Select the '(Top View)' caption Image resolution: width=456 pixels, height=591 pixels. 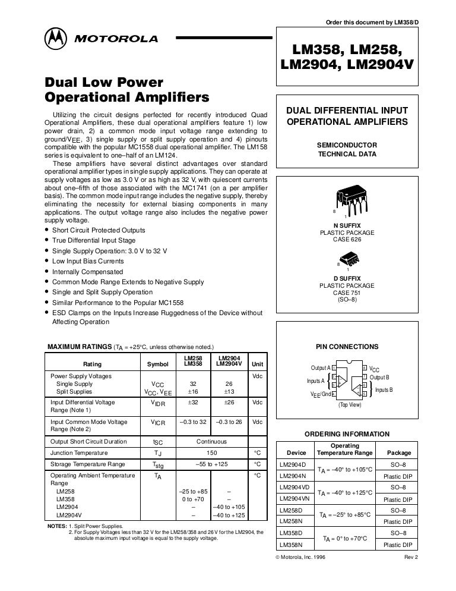coord(350,404)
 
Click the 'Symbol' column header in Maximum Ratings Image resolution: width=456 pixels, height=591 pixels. coord(154,364)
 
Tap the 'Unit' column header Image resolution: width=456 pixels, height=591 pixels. coord(258,364)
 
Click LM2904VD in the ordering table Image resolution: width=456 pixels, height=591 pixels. coord(294,487)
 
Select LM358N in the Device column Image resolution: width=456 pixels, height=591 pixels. coord(292,544)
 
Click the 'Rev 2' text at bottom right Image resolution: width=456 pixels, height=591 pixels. coord(411,557)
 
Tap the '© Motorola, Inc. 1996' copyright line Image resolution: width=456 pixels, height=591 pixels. coord(308,557)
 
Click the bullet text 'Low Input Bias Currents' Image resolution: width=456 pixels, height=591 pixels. coord(88,261)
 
